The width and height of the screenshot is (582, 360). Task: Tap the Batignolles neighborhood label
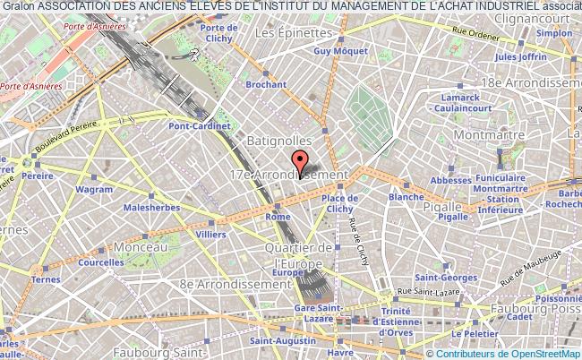click(x=280, y=141)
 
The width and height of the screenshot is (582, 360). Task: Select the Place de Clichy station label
click(x=340, y=204)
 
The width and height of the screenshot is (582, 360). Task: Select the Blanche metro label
click(x=407, y=196)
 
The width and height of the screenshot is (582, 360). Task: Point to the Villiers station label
click(x=210, y=234)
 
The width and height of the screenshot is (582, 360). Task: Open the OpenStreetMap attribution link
click(x=543, y=353)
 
